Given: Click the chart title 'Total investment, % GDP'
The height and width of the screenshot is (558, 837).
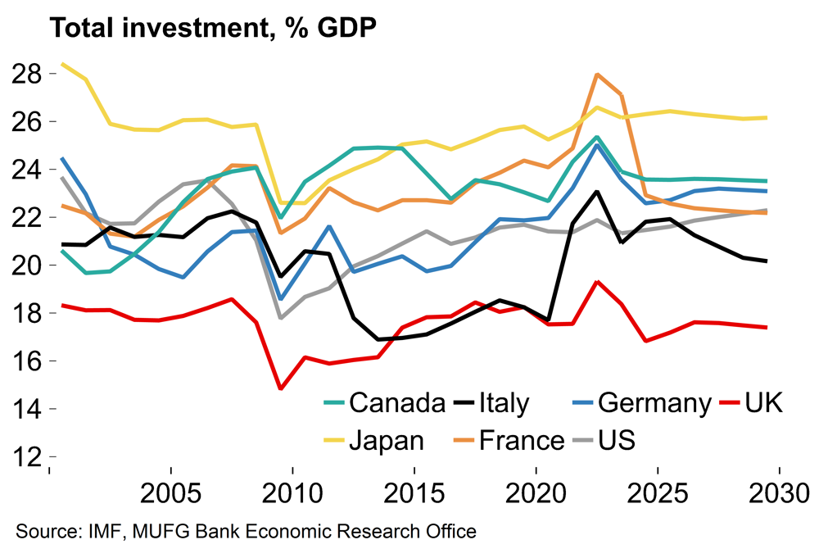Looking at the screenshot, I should click(213, 28).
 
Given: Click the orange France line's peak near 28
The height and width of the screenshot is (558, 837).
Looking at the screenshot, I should click(597, 75).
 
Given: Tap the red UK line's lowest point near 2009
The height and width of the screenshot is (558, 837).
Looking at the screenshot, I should click(280, 388).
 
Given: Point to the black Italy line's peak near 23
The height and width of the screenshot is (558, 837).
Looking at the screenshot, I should click(597, 192).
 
